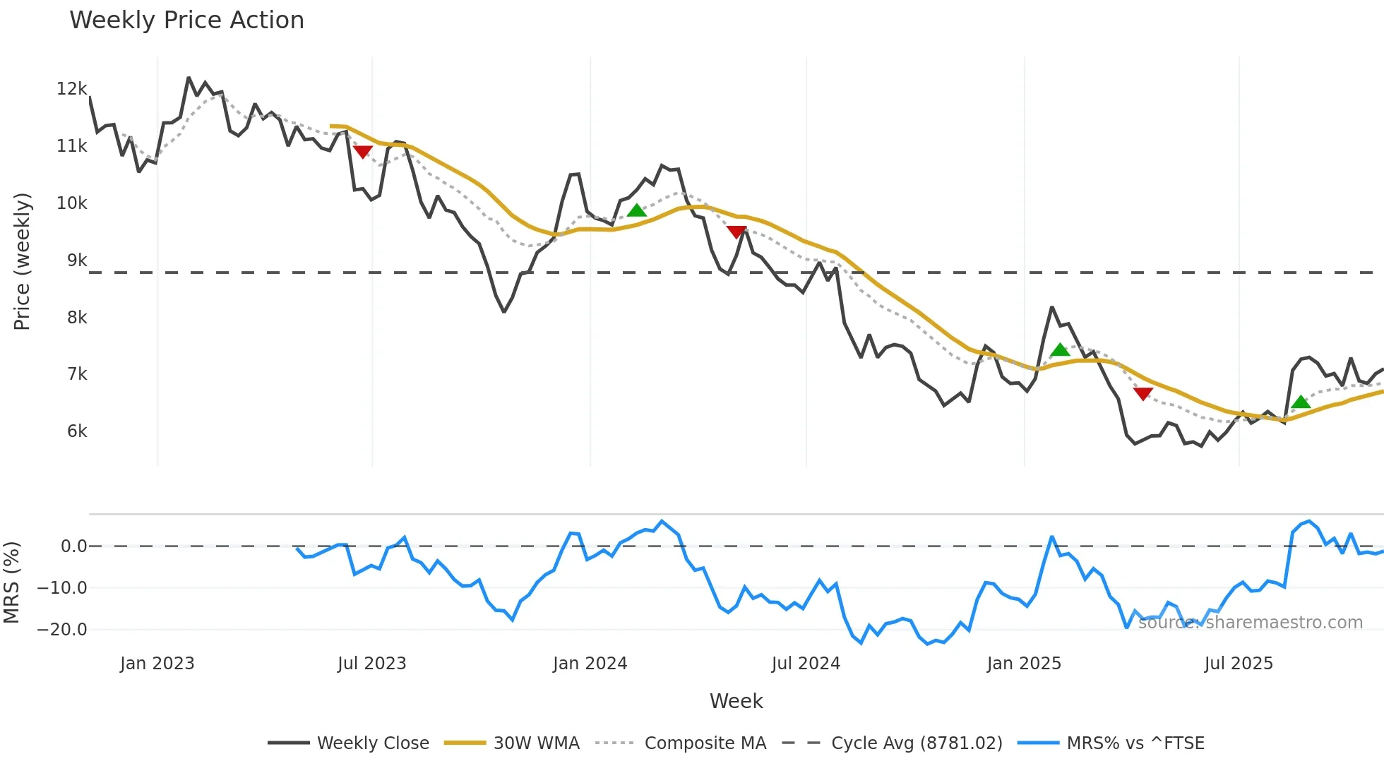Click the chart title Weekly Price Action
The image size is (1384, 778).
186,20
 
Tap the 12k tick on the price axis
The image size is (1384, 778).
71,89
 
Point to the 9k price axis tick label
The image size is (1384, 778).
76,261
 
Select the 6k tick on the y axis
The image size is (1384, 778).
76,431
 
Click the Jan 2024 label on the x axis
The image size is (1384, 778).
590,664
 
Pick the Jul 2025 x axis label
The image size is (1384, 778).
1238,664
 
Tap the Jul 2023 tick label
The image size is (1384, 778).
371,664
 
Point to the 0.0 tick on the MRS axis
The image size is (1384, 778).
73,546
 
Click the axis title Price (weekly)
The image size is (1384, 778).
22,261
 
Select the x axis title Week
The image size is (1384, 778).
736,701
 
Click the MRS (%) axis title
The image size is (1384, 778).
12,582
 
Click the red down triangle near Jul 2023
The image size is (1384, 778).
362,152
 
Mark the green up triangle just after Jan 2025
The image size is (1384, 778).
1059,350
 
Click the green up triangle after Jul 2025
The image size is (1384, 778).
1301,402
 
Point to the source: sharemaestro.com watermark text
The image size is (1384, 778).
1250,623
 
